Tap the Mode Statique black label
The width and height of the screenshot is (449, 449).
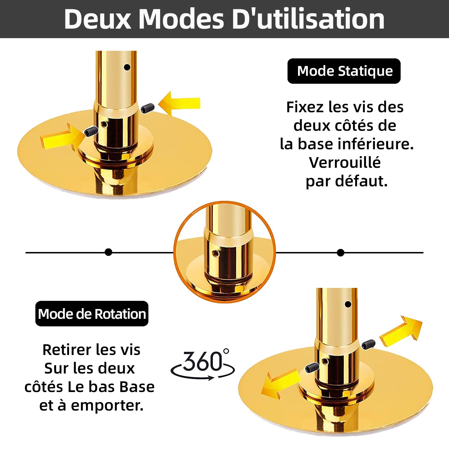(x=344, y=71)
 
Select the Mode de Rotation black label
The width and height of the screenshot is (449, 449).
(x=92, y=313)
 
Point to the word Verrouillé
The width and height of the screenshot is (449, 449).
(x=345, y=162)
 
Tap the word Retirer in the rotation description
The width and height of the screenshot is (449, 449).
(x=67, y=350)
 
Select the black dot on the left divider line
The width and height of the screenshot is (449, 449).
(x=108, y=252)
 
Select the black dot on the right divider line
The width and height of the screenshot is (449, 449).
(x=340, y=253)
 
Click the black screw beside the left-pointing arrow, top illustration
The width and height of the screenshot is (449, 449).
(x=148, y=108)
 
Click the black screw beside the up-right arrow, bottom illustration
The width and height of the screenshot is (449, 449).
(x=368, y=345)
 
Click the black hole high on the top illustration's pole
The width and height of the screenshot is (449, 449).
(x=127, y=67)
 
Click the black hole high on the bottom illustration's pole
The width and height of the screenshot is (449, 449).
(x=348, y=304)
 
